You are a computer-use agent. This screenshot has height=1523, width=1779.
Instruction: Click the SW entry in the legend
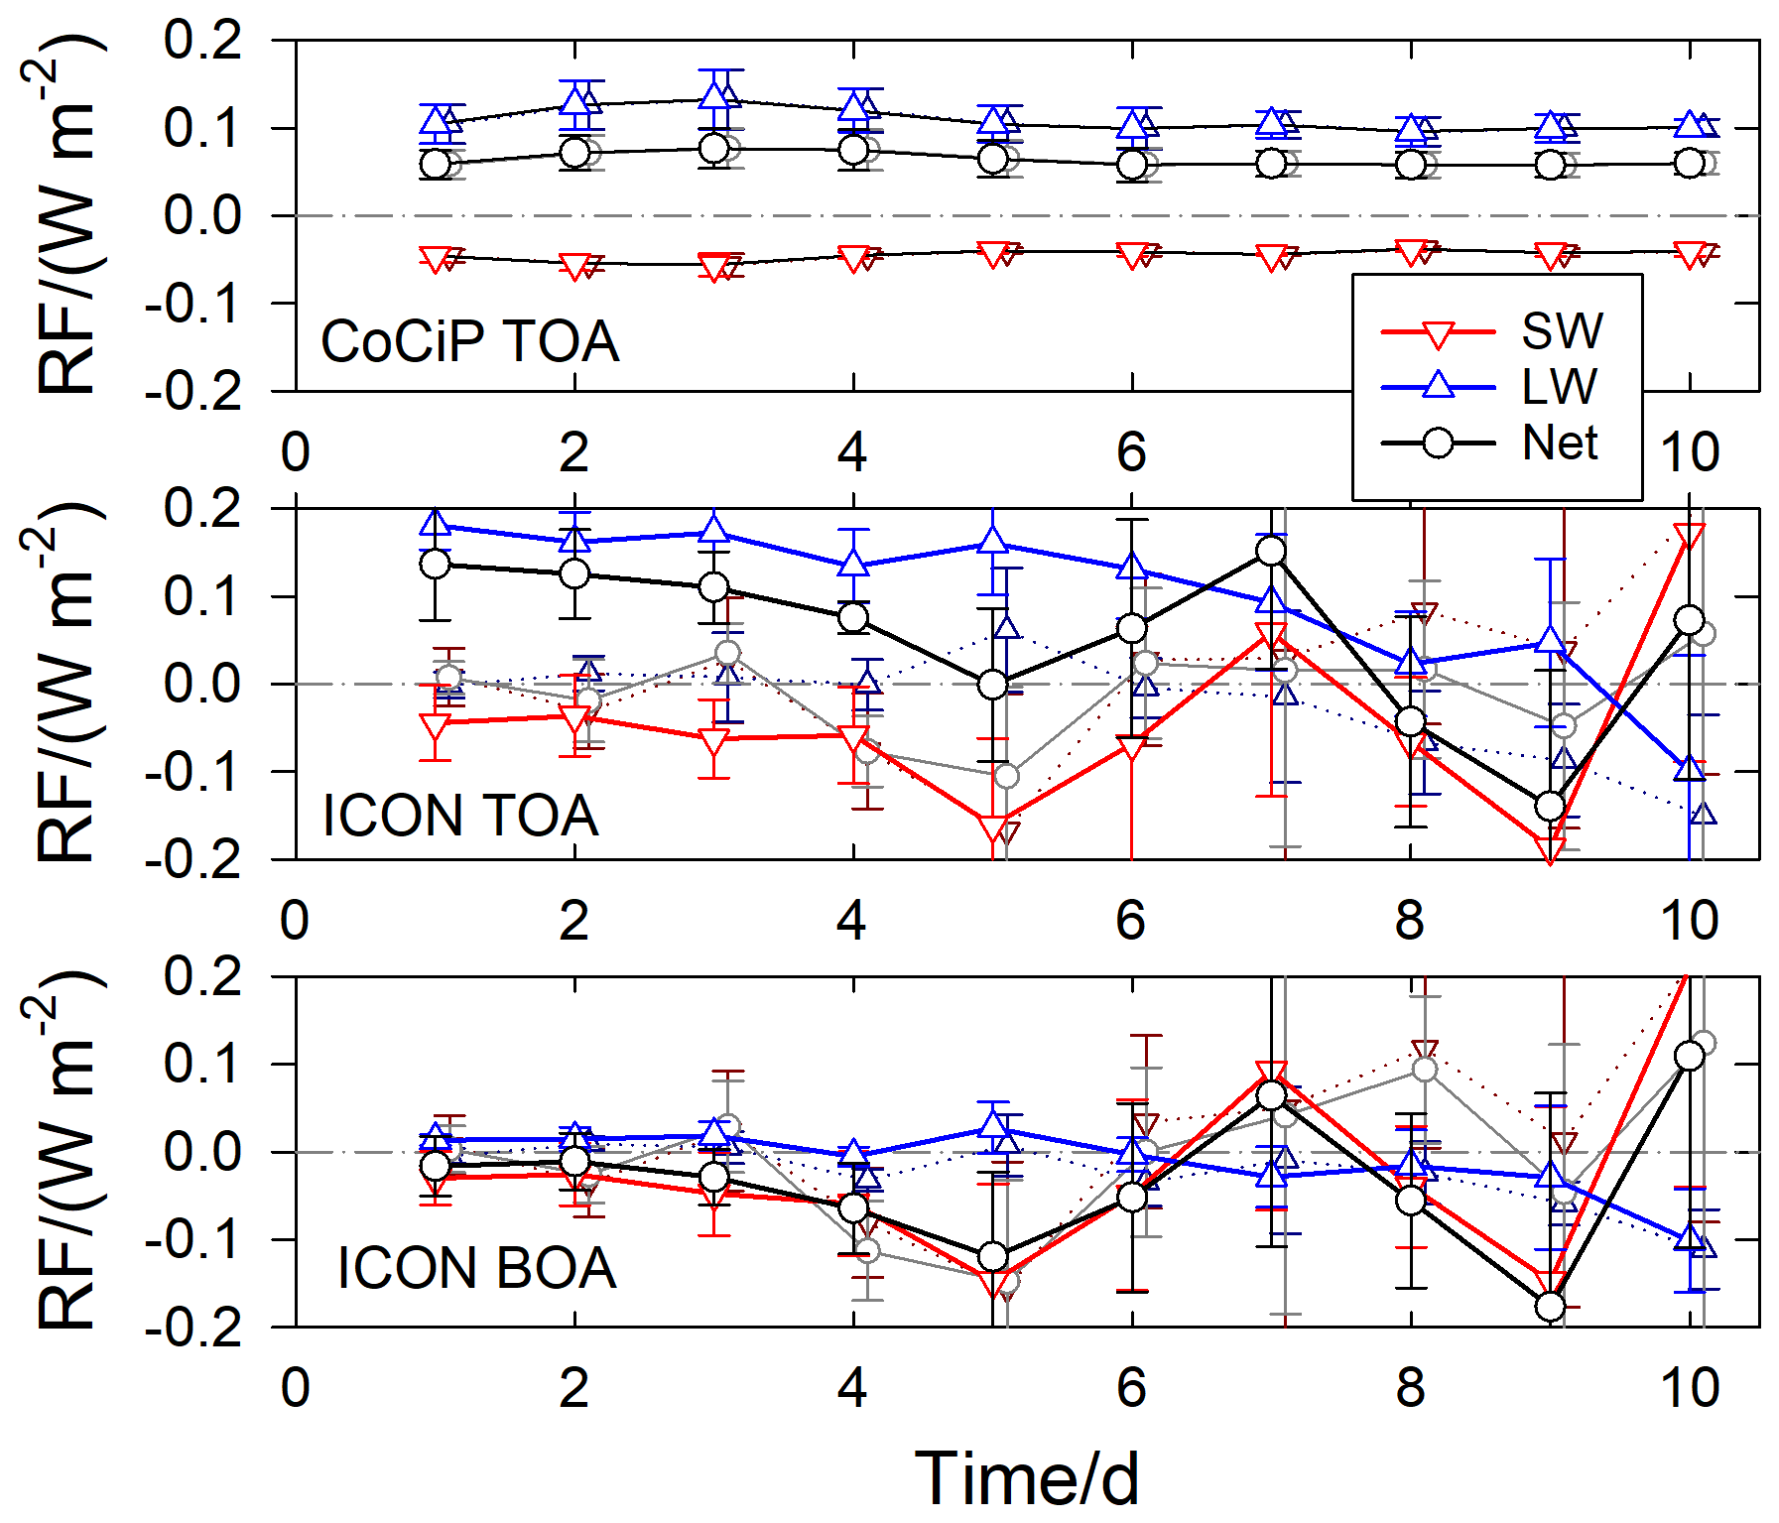pyautogui.click(x=1562, y=331)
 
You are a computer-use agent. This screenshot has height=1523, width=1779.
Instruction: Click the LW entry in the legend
pyautogui.click(x=1560, y=387)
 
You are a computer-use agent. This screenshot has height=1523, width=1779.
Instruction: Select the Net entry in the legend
pyautogui.click(x=1560, y=443)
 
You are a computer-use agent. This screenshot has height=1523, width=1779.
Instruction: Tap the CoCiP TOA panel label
pyautogui.click(x=469, y=341)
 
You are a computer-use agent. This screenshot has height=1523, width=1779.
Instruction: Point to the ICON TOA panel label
pyautogui.click(x=460, y=816)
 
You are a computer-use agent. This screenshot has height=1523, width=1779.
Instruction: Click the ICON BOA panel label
pyautogui.click(x=476, y=1268)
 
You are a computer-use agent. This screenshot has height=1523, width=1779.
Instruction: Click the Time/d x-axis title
pyautogui.click(x=1026, y=1479)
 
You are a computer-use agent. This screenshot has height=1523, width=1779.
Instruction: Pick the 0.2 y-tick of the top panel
pyautogui.click(x=202, y=41)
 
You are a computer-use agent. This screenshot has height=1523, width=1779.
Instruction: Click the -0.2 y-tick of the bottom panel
pyautogui.click(x=193, y=1328)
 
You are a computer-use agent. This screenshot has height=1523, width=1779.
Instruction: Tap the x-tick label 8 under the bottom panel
pyautogui.click(x=1410, y=1388)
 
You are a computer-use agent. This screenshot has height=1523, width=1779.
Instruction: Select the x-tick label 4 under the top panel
pyautogui.click(x=852, y=452)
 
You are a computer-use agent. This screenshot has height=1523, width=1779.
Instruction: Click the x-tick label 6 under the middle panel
pyautogui.click(x=1131, y=921)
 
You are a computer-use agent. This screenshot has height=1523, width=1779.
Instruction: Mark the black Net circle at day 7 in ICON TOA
pyautogui.click(x=1271, y=551)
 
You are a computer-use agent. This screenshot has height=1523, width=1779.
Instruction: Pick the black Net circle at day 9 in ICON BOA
pyautogui.click(x=1550, y=1307)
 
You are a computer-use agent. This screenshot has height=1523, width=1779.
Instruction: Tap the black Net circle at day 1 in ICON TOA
pyautogui.click(x=435, y=564)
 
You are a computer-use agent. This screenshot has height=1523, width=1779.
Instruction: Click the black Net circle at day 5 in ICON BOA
pyautogui.click(x=992, y=1257)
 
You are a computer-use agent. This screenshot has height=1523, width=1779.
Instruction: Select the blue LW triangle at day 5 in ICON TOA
pyautogui.click(x=992, y=540)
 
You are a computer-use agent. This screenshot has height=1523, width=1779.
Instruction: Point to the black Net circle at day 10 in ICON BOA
pyautogui.click(x=1690, y=1056)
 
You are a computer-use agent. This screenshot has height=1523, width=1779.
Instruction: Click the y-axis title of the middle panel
pyautogui.click(x=65, y=683)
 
